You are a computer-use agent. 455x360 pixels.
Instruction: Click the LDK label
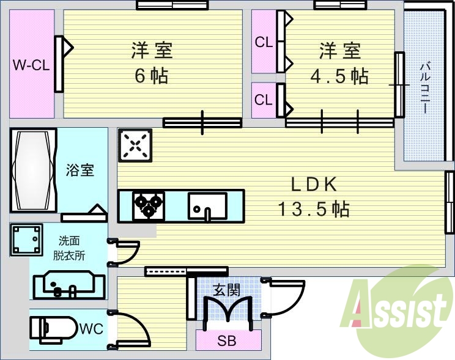pyautogui.click(x=314, y=184)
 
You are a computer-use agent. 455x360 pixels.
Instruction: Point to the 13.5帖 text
pyautogui.click(x=314, y=210)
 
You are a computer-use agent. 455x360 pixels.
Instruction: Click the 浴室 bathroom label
pyautogui.click(x=80, y=170)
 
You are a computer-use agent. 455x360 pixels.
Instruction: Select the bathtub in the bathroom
pyautogui.click(x=33, y=170)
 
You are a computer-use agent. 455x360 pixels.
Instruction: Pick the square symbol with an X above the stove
pyautogui.click(x=135, y=145)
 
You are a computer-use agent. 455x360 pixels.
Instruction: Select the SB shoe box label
pyautogui.click(x=227, y=341)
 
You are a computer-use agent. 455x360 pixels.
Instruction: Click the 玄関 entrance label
pyautogui.click(x=226, y=290)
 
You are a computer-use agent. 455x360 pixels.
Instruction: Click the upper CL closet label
pyautogui.click(x=264, y=43)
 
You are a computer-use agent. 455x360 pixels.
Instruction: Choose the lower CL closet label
pyautogui.click(x=264, y=100)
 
